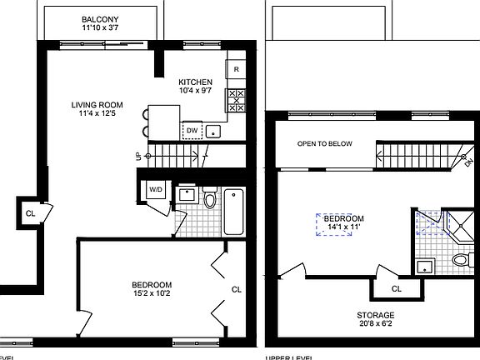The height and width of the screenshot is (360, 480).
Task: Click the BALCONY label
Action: pos(100,19)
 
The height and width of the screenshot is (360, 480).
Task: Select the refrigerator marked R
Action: pos(237,69)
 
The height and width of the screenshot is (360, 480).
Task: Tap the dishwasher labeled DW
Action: pos(192,131)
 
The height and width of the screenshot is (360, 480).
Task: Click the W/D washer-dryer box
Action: pos(156,190)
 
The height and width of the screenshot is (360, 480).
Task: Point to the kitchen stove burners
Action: pos(236,100)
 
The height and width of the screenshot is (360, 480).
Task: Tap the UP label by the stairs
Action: pos(138,156)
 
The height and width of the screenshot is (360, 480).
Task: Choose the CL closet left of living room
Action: pos(30,212)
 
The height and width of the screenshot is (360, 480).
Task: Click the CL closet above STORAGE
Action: pos(396,288)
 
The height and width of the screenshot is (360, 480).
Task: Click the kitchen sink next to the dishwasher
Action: pos(214,131)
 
